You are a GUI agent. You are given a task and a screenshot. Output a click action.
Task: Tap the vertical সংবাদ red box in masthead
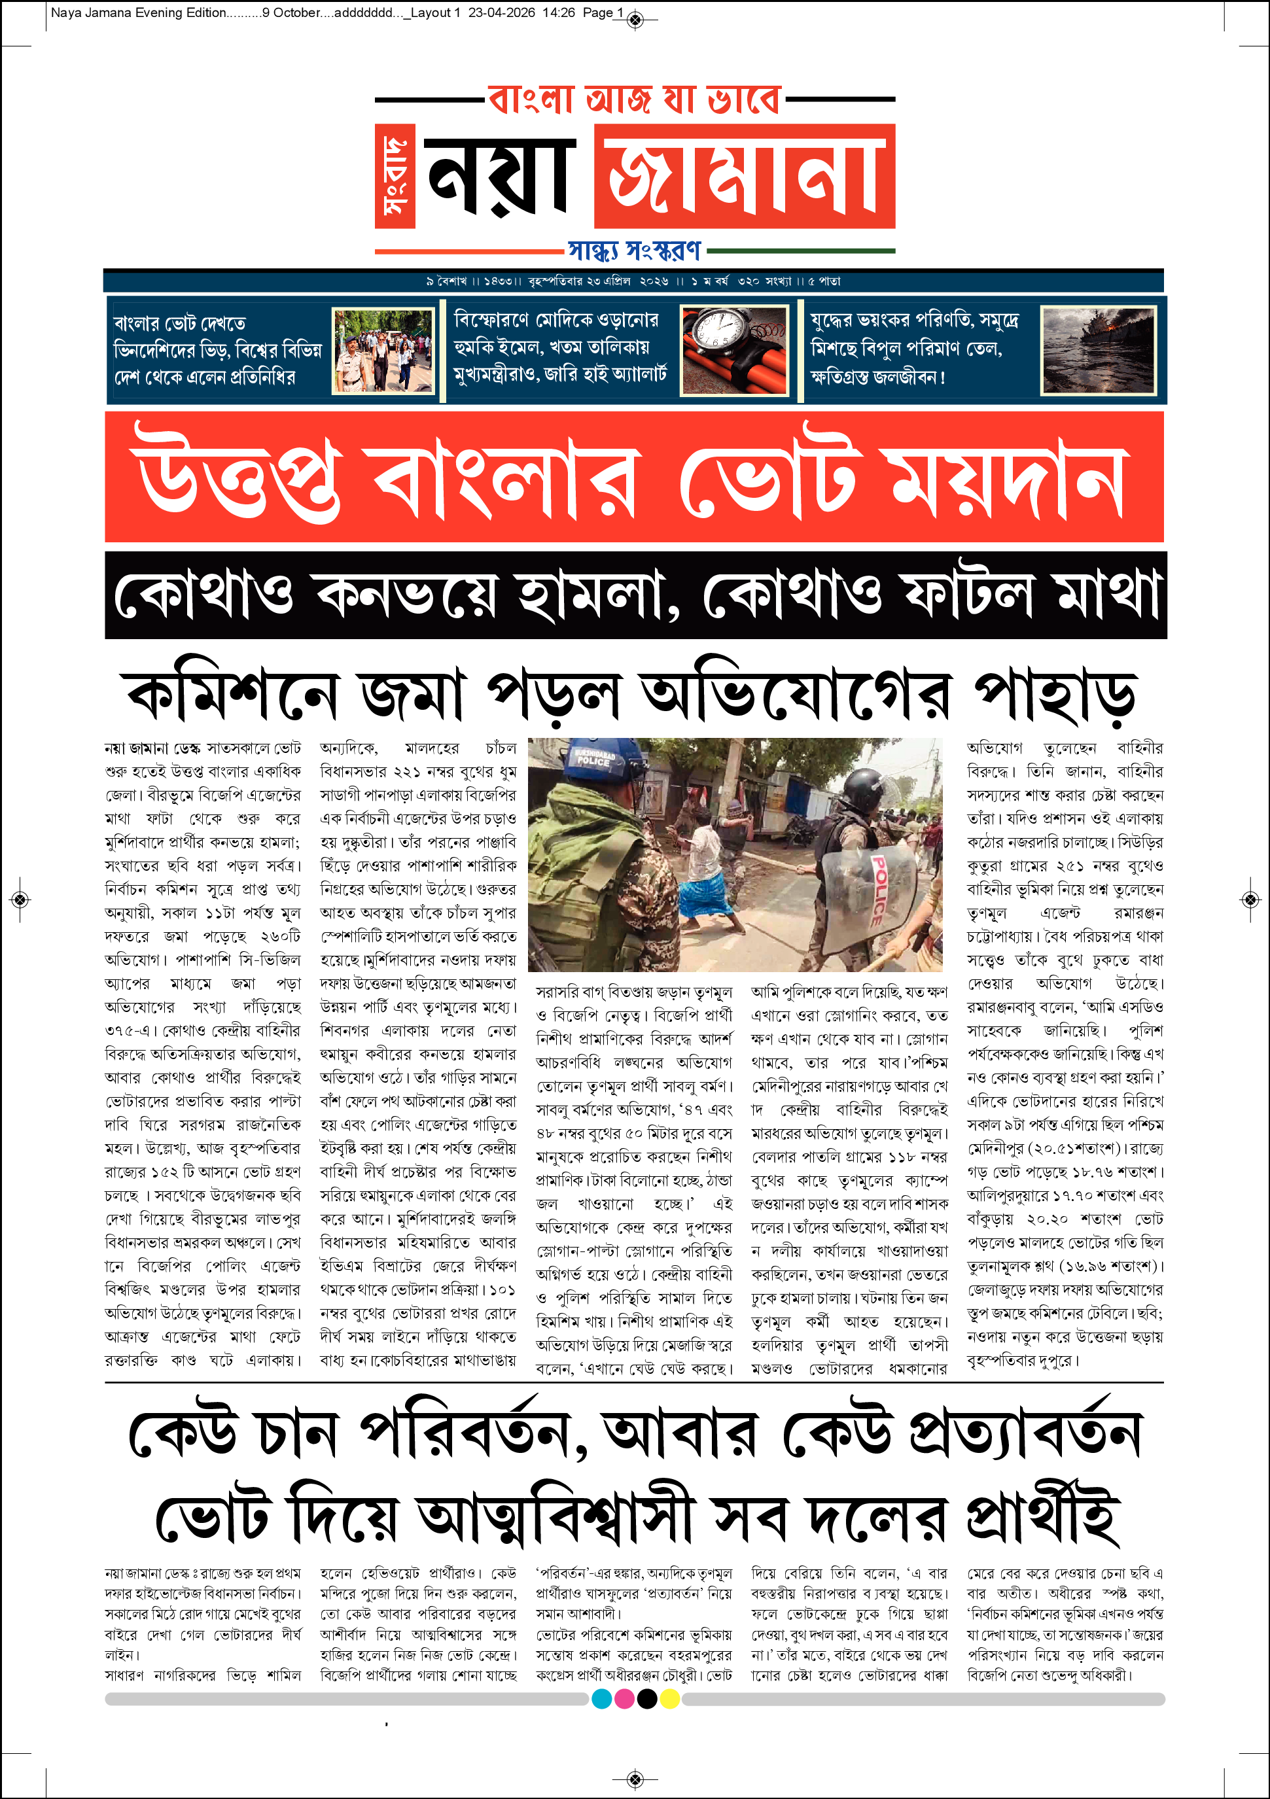tap(394, 176)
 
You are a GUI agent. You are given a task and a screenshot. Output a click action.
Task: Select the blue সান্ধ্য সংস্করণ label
tap(634, 251)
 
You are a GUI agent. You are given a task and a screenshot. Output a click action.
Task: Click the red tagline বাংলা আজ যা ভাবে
tap(634, 99)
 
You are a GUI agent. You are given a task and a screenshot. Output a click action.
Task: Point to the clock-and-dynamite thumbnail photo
tap(734, 350)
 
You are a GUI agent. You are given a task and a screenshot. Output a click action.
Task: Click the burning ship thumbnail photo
tap(1098, 350)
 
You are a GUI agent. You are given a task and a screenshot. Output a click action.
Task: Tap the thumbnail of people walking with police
tap(383, 350)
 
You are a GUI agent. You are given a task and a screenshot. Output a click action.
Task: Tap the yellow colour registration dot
tap(670, 1699)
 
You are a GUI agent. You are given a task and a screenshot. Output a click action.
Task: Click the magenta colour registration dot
tap(624, 1699)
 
